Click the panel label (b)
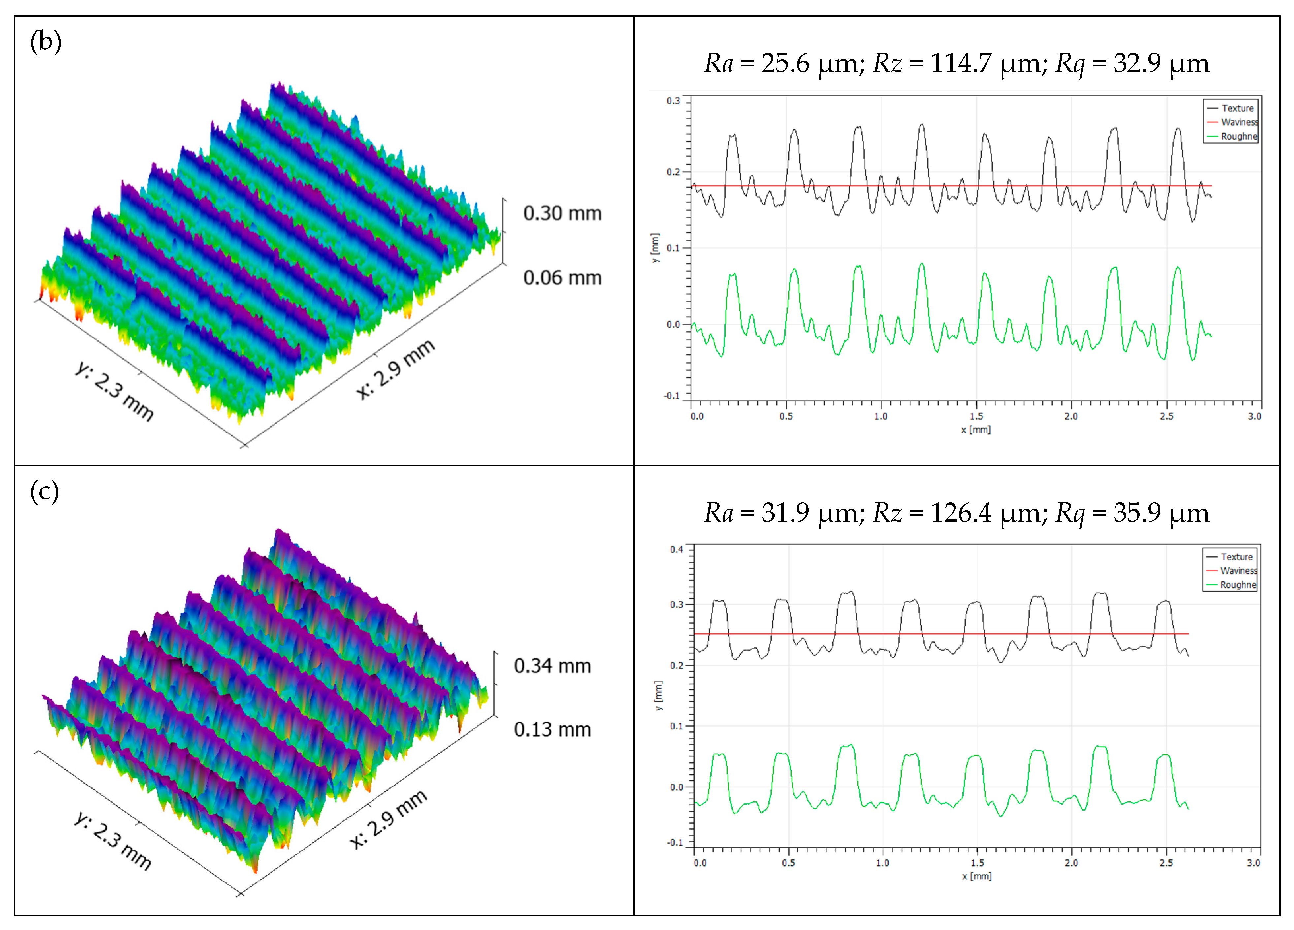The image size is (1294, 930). click(x=46, y=42)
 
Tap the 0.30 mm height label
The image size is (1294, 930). click(x=562, y=213)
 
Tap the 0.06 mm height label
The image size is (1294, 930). click(x=562, y=278)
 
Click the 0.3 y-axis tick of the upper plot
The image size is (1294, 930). click(x=673, y=101)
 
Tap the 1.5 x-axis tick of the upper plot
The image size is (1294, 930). click(x=976, y=416)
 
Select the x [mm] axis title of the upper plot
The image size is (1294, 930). click(x=976, y=430)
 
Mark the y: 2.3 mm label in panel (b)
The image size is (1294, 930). click(x=114, y=391)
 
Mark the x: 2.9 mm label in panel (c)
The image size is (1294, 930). click(x=388, y=819)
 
